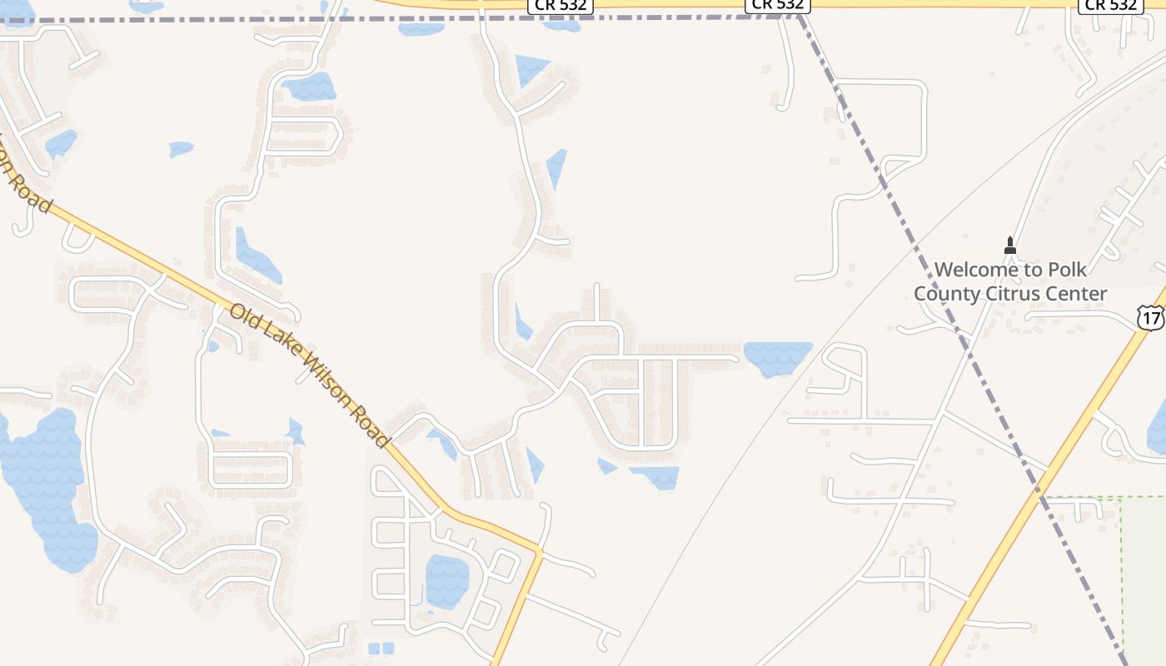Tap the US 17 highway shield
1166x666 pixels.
(1150, 316)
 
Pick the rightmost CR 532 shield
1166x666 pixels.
(1109, 5)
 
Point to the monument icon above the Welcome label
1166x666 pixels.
(1010, 246)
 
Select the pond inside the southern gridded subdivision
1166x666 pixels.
(446, 581)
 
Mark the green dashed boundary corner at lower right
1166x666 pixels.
(1122, 498)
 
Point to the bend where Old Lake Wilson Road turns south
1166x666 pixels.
(540, 550)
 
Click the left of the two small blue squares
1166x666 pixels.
(373, 648)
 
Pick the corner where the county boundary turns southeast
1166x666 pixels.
(799, 17)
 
